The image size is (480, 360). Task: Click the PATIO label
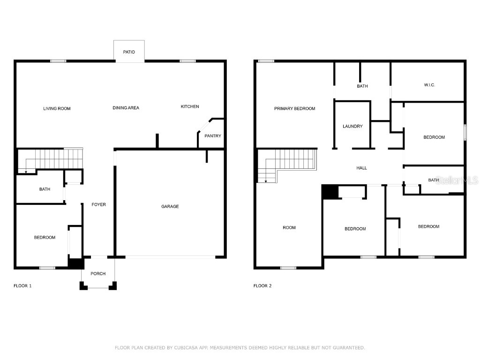(129, 52)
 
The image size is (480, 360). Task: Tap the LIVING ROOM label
(57, 109)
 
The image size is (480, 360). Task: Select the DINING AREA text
(126, 108)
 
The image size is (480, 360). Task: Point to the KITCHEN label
(190, 106)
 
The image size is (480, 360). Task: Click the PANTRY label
(212, 136)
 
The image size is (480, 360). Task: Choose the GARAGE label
(170, 206)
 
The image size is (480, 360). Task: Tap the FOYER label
(98, 204)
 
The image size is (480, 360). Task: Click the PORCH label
(98, 274)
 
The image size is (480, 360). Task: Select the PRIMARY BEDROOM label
(294, 109)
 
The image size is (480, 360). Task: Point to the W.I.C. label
(429, 85)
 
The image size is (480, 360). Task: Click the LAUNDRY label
(352, 126)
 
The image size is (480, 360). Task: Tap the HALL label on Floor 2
(361, 168)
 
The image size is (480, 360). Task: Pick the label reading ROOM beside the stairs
(289, 228)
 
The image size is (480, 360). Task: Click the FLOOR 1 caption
(22, 285)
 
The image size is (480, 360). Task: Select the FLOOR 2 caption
(262, 285)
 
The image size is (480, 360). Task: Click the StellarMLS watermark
(457, 180)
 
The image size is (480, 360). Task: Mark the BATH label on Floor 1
(45, 189)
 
